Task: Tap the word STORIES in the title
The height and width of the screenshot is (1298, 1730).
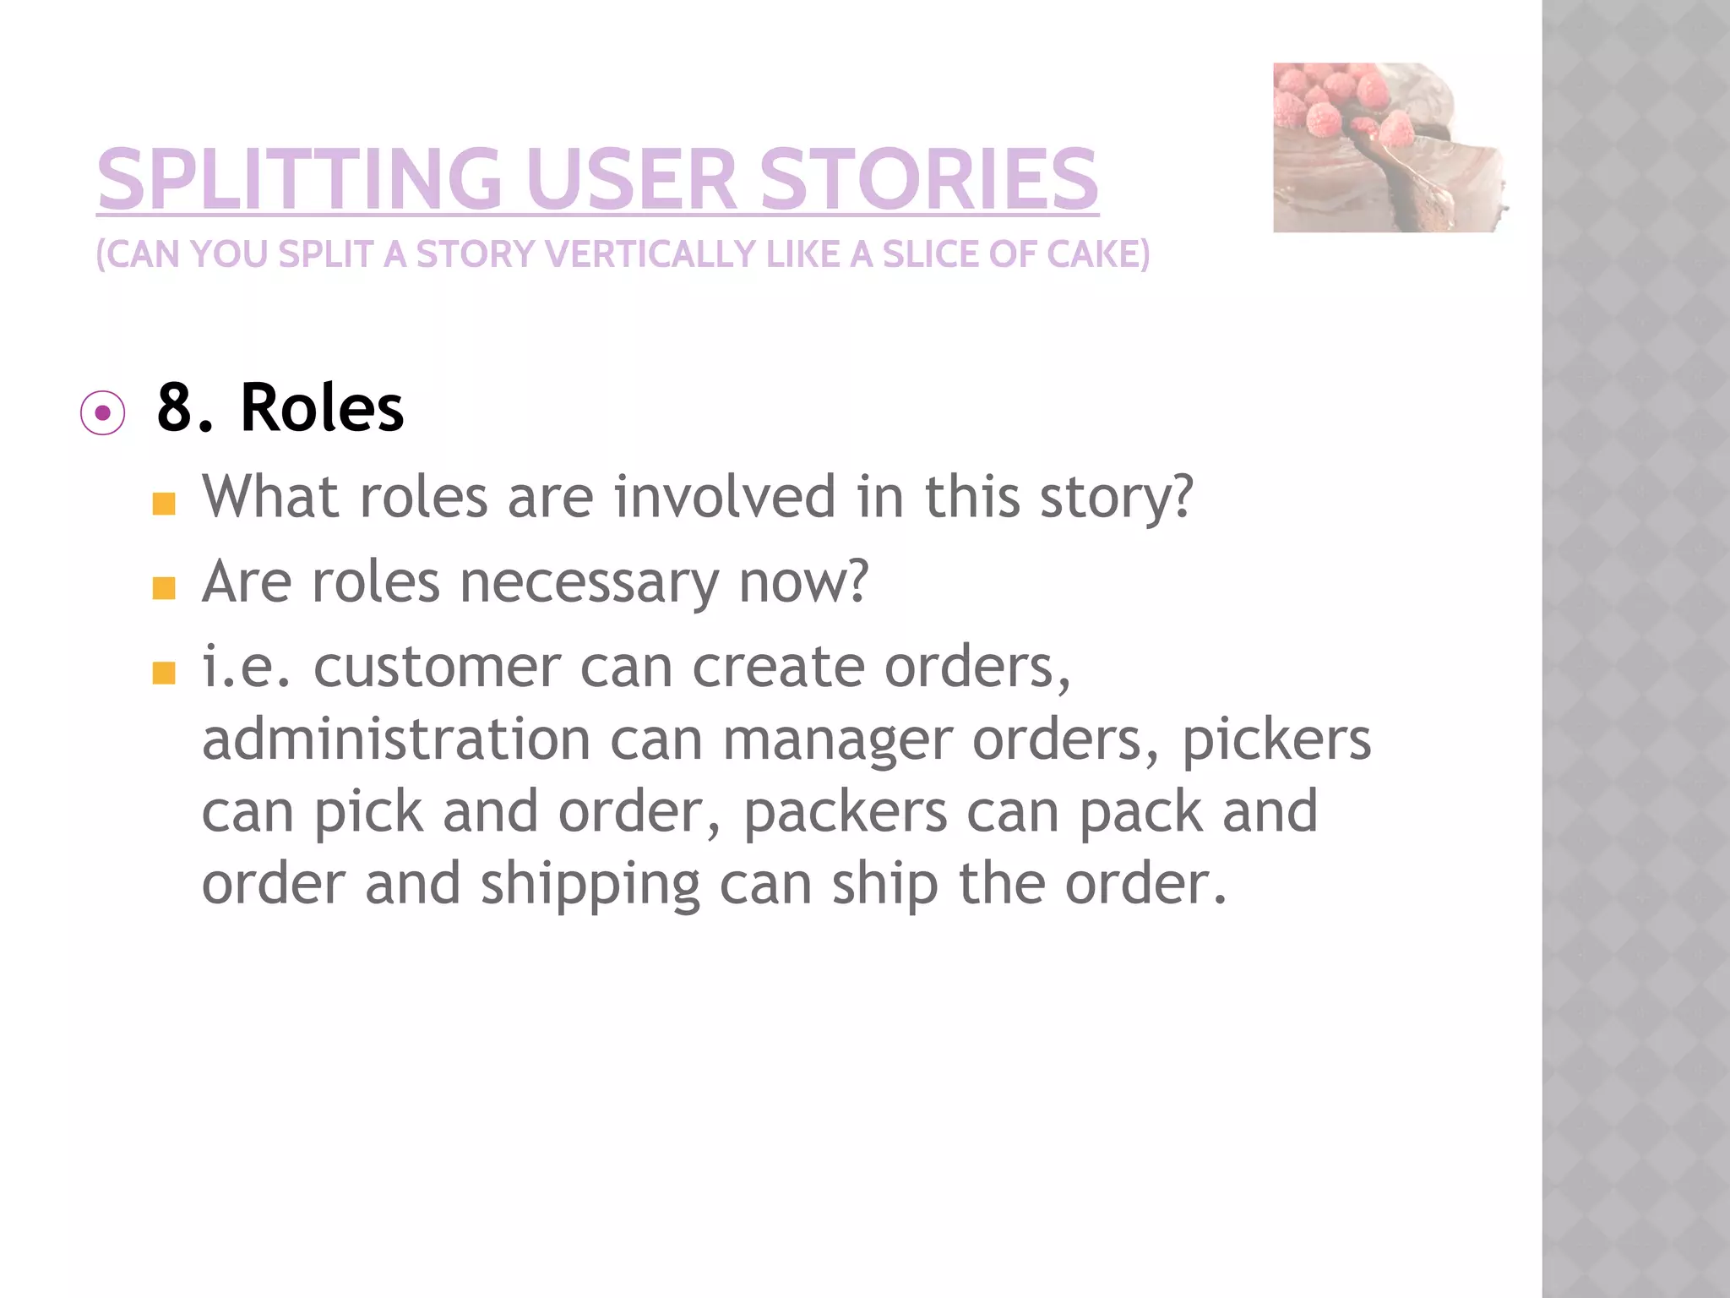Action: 929,179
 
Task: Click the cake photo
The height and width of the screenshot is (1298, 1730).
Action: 1390,148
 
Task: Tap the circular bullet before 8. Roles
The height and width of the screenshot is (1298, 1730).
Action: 103,413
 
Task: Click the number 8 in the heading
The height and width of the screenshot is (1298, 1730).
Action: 175,408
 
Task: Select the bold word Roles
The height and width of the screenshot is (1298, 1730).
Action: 322,408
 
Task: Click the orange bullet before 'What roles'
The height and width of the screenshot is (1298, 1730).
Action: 164,504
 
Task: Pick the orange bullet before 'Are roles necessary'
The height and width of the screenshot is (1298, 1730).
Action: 164,588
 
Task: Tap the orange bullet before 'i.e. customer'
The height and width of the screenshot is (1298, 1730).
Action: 164,673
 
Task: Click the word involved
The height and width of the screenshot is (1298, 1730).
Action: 724,496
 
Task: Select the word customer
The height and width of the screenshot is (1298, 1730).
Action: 437,666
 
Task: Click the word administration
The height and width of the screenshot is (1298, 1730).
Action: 396,739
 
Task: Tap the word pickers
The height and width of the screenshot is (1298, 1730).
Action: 1276,740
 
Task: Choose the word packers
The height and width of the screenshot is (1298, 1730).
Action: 845,812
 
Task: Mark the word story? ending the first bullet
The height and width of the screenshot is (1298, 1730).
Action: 1116,497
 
